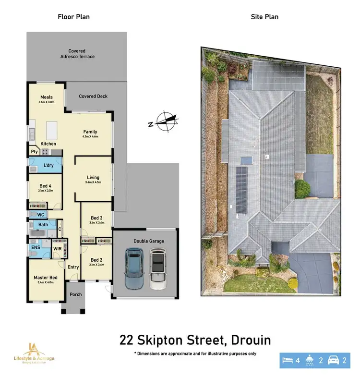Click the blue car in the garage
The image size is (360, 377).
pos(134,269)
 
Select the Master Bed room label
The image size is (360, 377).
pos(46,278)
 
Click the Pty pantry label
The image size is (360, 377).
pos(34,152)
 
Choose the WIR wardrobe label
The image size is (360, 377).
pos(58,248)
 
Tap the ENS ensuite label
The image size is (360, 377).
pos(36,248)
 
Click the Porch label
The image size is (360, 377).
pos(75,294)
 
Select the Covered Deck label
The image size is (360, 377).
pos(93,96)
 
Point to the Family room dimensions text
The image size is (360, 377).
pos(90,137)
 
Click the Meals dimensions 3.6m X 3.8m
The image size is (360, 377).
pos(47,102)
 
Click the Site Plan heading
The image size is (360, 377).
pos(264,17)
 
